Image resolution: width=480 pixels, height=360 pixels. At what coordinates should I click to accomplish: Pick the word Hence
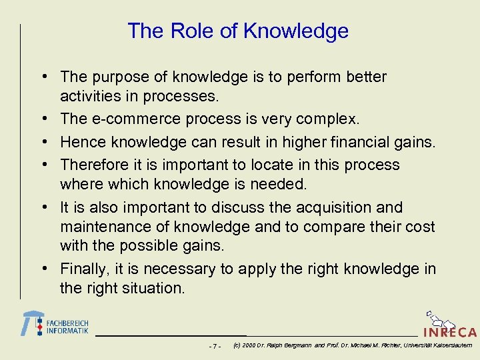(x=80, y=142)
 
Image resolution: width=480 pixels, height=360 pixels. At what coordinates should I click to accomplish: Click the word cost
(x=419, y=227)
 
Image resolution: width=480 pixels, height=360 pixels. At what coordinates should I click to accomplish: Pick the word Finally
(x=83, y=269)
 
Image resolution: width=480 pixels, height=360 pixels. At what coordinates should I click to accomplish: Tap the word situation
(x=155, y=288)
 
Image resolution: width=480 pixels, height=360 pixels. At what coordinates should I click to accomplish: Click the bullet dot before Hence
(x=51, y=142)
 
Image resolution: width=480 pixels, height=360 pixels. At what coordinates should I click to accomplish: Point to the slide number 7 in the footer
(x=214, y=346)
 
